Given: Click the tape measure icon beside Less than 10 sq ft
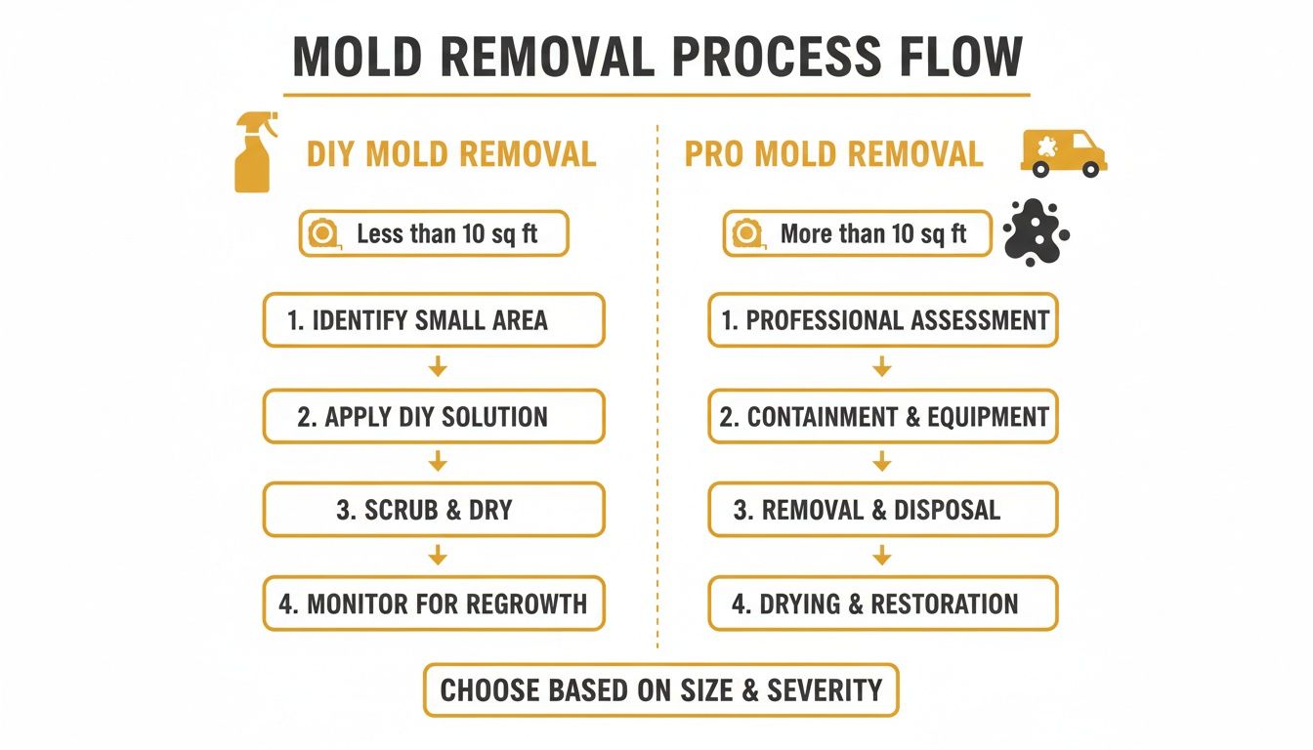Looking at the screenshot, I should click(x=323, y=234).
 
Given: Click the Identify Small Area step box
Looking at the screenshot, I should click(x=434, y=320).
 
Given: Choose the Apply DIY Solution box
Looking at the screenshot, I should click(x=434, y=416).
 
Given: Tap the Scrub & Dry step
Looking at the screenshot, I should click(x=434, y=510).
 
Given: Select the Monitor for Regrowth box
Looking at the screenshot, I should click(x=434, y=604).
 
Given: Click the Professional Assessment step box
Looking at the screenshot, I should click(x=882, y=320).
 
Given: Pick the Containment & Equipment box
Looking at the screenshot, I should click(x=882, y=416).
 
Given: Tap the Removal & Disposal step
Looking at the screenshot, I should click(x=882, y=510).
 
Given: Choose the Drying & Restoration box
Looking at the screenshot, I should click(x=882, y=604).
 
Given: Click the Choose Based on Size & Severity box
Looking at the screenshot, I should click(x=660, y=690).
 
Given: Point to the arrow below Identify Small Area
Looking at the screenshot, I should click(x=438, y=367).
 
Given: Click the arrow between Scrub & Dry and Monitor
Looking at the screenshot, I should click(x=438, y=556).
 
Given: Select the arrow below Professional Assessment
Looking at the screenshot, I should click(x=882, y=367).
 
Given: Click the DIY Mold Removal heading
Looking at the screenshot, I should click(x=451, y=154).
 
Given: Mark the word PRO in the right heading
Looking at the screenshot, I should click(x=714, y=154).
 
